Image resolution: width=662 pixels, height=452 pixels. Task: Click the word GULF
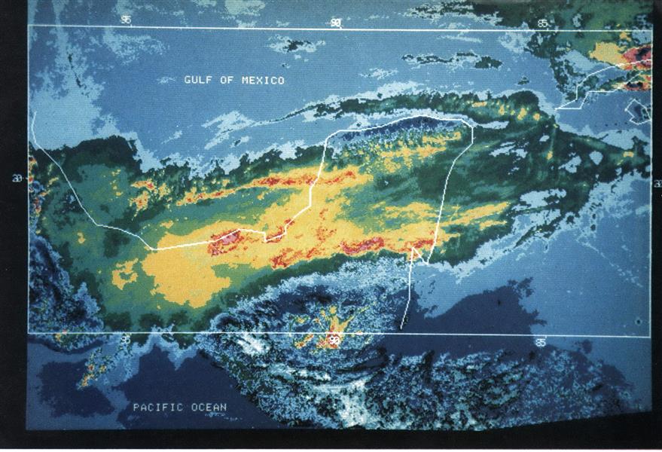(198, 80)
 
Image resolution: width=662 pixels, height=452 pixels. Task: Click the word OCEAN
(209, 408)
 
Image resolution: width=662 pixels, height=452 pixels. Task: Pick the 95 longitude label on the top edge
(126, 20)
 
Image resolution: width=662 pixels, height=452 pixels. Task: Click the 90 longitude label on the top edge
(335, 23)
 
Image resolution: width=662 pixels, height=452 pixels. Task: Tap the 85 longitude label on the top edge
(543, 24)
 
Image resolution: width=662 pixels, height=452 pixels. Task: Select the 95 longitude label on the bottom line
(125, 340)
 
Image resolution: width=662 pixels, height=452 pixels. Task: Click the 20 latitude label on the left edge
(16, 179)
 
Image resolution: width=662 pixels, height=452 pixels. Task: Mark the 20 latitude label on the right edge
(657, 183)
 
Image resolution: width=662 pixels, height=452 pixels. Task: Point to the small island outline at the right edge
(639, 111)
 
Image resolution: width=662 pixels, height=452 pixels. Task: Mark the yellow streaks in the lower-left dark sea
(90, 369)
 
